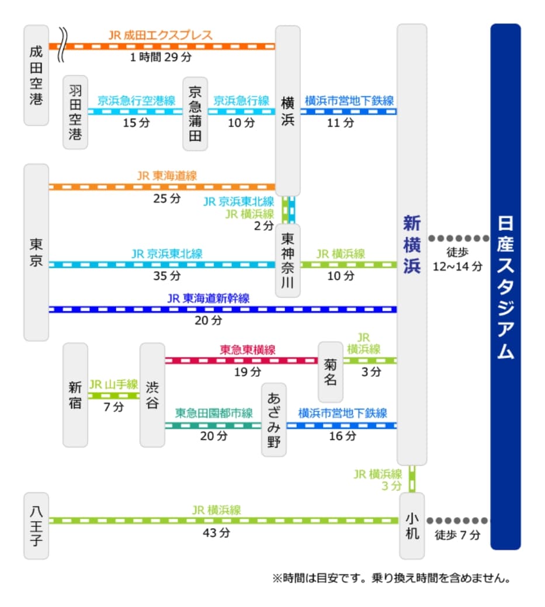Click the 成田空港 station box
[36, 75]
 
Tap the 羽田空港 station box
[75, 112]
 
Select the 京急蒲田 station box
[195, 114]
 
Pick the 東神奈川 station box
[287, 260]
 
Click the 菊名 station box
[330, 372]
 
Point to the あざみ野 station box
[274, 420]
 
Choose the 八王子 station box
[36, 526]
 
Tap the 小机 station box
[412, 526]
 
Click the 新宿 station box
[75, 395]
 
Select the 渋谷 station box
[152, 395]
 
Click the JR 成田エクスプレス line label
[160, 35]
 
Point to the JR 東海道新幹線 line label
[209, 299]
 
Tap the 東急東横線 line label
[247, 350]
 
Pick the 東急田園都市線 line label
[214, 413]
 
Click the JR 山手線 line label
[113, 384]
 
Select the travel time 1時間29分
[161, 57]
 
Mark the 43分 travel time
[216, 533]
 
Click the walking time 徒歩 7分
[457, 535]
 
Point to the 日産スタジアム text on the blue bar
[505, 287]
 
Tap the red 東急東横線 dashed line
[241, 361]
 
